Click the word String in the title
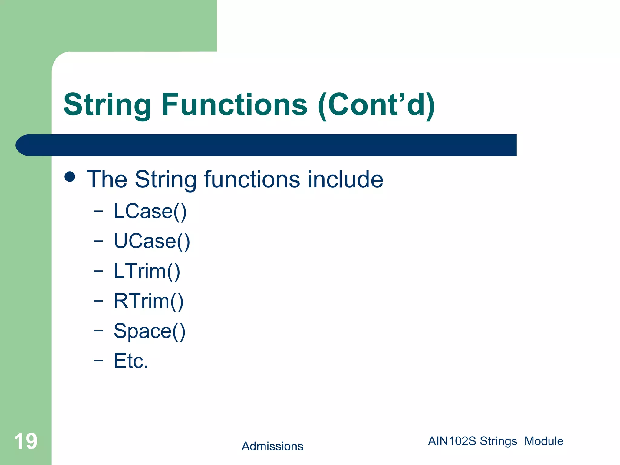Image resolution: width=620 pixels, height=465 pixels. click(107, 105)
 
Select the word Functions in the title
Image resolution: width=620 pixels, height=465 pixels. click(235, 105)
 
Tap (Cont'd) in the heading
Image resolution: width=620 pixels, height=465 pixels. click(376, 105)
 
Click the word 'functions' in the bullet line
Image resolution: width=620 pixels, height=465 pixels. click(252, 179)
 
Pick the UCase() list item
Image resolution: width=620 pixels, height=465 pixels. click(152, 241)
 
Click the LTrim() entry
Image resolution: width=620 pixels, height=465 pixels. click(147, 271)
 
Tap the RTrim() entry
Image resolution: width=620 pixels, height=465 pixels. click(149, 301)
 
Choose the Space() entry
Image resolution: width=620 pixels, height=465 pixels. click(150, 331)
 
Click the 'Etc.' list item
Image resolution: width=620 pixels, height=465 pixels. click(131, 361)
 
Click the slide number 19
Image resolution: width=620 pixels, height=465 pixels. click(26, 441)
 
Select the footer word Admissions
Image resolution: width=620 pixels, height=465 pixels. click(272, 446)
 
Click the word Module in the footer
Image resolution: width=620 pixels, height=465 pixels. click(544, 441)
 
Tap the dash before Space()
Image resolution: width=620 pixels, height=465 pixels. click(98, 331)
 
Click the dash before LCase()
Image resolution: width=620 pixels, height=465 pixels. click(98, 211)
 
